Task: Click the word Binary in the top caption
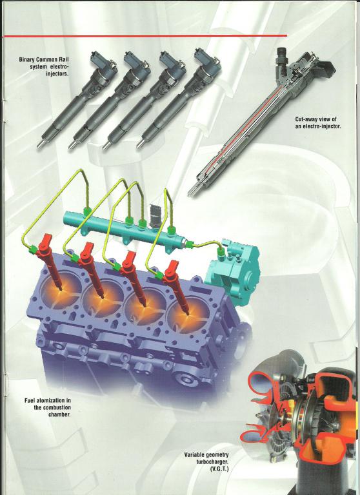[x=26, y=59]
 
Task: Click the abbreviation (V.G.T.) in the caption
[x=219, y=469]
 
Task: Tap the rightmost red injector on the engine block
[x=177, y=286]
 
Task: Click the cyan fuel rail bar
[x=123, y=228]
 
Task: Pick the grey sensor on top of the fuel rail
[x=155, y=215]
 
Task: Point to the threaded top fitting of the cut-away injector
[x=281, y=56]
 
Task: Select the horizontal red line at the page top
[x=144, y=36]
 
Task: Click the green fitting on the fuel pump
[x=221, y=251]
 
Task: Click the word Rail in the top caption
[x=63, y=59]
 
